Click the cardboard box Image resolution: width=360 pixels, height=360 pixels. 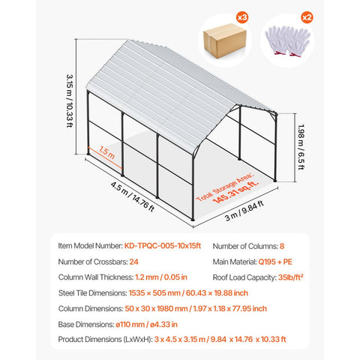(225, 40)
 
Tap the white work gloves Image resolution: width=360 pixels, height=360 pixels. (288, 40)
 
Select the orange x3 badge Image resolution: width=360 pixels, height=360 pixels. (242, 17)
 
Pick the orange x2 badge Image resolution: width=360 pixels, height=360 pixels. (307, 17)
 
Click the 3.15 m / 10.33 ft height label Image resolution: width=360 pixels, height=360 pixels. (70, 100)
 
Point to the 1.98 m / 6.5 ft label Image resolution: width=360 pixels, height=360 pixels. (301, 147)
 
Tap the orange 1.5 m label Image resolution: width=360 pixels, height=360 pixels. (106, 153)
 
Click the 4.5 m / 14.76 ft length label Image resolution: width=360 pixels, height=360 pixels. (133, 196)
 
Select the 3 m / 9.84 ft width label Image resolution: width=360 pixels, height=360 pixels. (244, 211)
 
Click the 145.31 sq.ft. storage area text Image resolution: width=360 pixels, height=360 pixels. (235, 192)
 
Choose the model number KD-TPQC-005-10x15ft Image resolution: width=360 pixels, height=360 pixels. (163, 246)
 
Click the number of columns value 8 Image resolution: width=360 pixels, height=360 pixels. (282, 246)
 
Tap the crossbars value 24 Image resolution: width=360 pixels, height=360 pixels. (133, 262)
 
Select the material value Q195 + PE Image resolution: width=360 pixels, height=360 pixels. (275, 262)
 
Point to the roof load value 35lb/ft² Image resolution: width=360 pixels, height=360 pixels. (291, 277)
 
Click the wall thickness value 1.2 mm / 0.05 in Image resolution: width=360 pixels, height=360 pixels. (161, 277)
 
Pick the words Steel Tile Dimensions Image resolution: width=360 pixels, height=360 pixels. (93, 293)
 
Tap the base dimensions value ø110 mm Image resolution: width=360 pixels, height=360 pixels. (130, 325)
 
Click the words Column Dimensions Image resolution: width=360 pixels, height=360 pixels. (91, 309)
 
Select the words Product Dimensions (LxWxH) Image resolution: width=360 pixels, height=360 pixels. (105, 340)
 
